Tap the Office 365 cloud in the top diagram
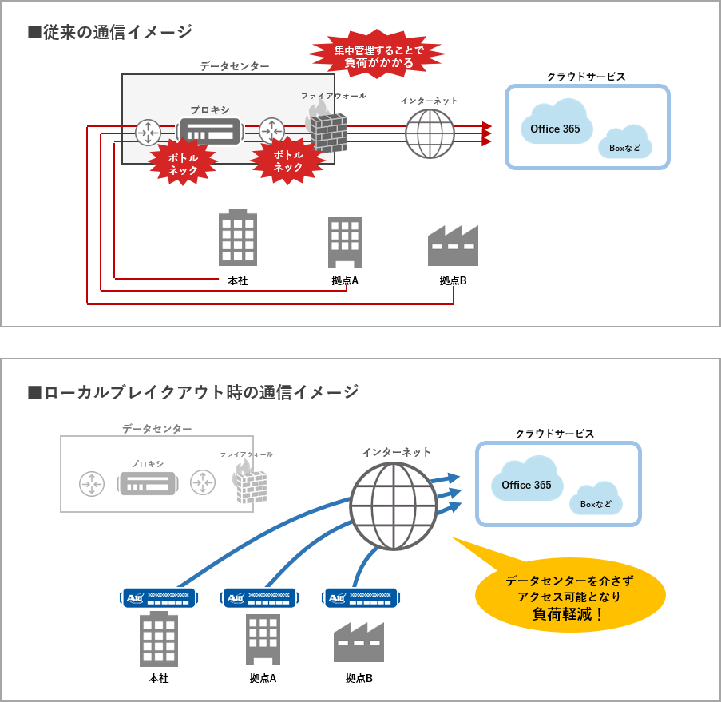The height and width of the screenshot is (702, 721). coord(555,126)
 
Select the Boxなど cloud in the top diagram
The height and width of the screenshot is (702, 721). coord(625,143)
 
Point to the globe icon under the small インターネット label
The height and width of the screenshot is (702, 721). coord(430,133)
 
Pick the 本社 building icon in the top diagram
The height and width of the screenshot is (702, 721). coord(238,238)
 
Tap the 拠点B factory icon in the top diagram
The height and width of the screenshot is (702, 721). coord(453,245)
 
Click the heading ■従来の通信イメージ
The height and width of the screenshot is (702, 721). coord(110,32)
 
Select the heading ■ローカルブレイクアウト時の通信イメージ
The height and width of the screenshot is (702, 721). coord(193,392)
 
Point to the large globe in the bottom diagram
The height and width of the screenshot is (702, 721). coord(393,506)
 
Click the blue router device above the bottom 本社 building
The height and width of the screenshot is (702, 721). coord(159,597)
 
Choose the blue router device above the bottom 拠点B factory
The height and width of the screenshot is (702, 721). coord(361,597)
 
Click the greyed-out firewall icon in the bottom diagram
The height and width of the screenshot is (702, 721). coord(250,482)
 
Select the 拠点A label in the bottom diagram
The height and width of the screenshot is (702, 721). coord(263,678)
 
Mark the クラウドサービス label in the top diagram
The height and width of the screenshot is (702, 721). coord(586,77)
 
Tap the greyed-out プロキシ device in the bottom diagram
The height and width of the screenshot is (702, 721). coord(147,484)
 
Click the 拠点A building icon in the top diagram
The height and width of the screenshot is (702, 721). coord(345,243)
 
